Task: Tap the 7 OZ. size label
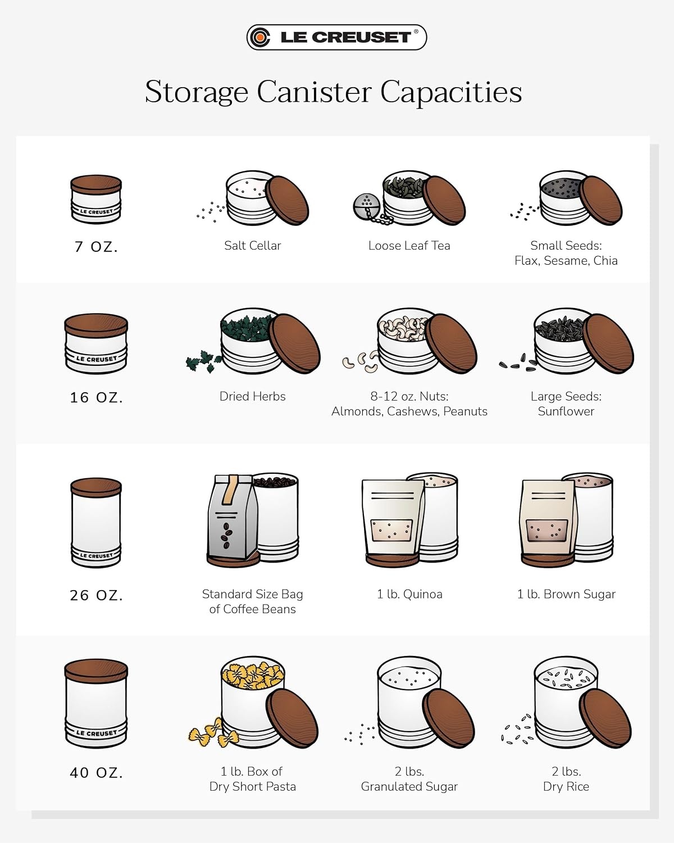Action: click(x=97, y=247)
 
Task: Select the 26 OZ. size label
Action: click(x=97, y=595)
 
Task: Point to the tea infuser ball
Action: click(x=366, y=207)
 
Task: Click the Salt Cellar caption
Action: click(x=253, y=246)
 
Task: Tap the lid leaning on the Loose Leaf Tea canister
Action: click(x=444, y=200)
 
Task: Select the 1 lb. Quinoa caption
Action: click(x=409, y=594)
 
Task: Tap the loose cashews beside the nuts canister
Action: click(x=361, y=361)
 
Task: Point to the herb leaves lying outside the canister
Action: click(x=204, y=361)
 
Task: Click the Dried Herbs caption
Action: click(x=253, y=396)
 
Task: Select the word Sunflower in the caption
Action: click(x=566, y=411)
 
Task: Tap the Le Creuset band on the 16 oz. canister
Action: click(x=97, y=359)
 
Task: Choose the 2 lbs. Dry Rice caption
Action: click(x=566, y=779)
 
